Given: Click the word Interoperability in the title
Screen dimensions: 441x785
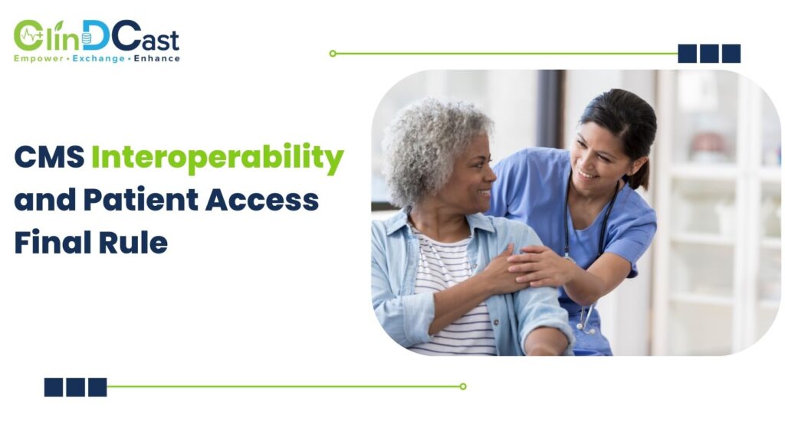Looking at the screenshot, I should coord(217,159).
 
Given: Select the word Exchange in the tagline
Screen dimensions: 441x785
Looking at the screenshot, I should coord(98,58).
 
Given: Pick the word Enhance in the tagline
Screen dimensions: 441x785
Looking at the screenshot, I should coord(157,58).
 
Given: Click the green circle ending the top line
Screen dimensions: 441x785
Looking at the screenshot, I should coord(333,54).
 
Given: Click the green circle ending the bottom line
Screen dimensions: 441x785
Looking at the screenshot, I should coord(462,387).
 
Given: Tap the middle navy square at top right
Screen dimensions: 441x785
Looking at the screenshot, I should coord(709,54).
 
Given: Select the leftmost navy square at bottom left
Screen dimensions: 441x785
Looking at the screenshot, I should coord(54,387).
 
